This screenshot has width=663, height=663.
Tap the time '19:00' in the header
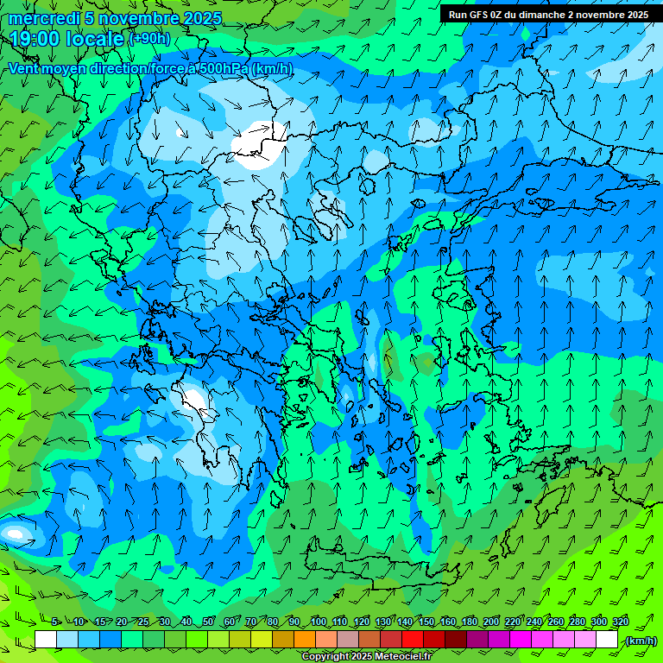tap(35, 39)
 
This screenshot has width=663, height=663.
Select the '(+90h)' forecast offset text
tap(149, 39)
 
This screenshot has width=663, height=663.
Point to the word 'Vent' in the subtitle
tap(26, 69)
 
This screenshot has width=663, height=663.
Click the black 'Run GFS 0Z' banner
tap(548, 15)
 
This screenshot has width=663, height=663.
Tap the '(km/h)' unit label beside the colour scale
tap(640, 640)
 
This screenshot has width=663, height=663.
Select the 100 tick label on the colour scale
tap(318, 622)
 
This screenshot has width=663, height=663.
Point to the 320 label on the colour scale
tap(620, 622)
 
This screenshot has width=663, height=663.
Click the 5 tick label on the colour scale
tap(55, 622)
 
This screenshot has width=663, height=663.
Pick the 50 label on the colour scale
tap(208, 622)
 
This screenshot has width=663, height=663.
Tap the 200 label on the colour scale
tap(490, 622)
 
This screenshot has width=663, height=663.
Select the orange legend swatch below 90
tap(305, 640)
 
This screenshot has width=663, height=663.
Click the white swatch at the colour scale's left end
tap(46, 640)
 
